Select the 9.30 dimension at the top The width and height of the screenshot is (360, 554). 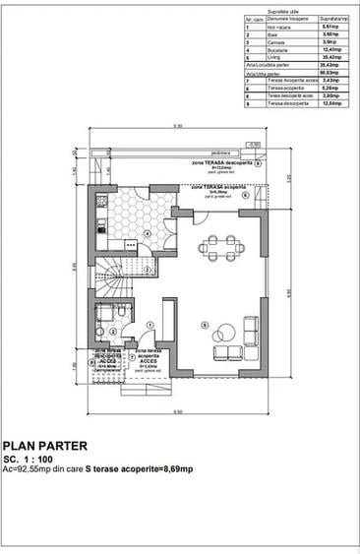[x=178, y=127]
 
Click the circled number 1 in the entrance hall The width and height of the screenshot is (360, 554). [x=149, y=325]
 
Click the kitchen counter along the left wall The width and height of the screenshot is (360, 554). [x=100, y=221]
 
